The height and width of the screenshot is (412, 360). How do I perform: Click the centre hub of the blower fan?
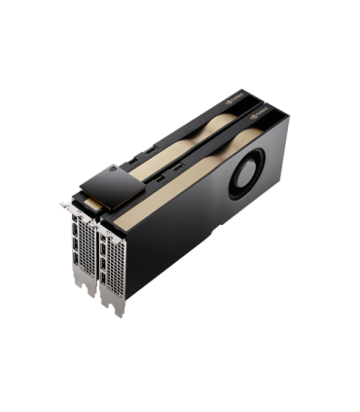(x=242, y=177)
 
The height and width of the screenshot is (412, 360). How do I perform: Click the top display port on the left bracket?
(x=75, y=222)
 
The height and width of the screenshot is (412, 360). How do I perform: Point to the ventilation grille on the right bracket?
(x=97, y=261)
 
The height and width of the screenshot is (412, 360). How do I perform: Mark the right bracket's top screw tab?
(x=93, y=220)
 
